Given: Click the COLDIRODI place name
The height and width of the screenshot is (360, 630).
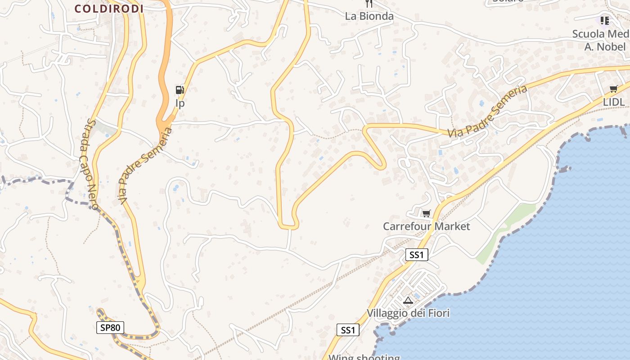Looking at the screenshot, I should point(109,8).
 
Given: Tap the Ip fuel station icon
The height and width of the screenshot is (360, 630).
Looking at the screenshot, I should point(180,90).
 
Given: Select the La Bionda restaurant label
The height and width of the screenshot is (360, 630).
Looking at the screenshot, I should point(369,16).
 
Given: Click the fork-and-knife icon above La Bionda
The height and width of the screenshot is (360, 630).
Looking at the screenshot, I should point(369,4).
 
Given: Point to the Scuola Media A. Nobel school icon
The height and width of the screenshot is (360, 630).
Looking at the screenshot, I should point(604,20).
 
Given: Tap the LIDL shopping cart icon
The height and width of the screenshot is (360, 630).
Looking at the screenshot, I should point(613,89).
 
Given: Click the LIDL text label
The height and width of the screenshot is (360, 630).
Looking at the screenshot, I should point(614,102).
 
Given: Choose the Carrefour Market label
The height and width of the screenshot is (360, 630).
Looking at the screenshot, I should point(426,226).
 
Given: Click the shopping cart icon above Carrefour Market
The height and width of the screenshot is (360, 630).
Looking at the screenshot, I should point(426,213).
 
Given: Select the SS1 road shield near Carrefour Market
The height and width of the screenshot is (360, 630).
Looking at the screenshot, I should point(416,255).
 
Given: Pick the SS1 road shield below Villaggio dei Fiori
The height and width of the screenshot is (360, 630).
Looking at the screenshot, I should point(348,330).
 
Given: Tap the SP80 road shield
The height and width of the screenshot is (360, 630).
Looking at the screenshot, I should point(110,327).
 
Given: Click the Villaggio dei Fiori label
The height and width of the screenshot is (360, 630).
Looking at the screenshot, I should point(408,313).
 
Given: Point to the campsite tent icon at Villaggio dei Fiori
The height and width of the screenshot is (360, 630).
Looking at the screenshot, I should point(408,300).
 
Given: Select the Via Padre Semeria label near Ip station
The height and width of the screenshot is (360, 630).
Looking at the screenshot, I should point(145,166).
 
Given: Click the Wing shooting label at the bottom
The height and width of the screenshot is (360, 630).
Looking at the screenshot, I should point(364,357).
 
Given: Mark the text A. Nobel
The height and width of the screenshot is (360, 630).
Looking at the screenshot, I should point(605,47).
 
